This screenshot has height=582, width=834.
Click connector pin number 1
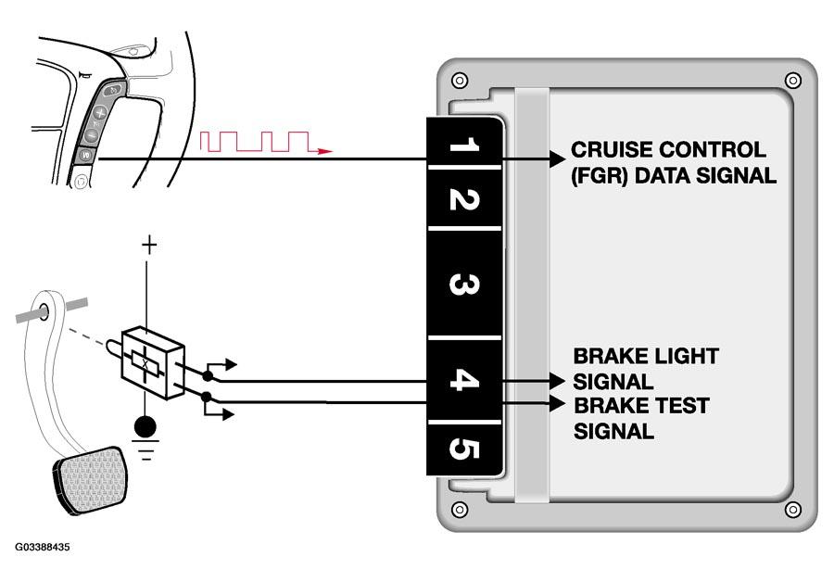click(x=464, y=144)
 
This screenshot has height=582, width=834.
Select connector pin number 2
click(x=464, y=199)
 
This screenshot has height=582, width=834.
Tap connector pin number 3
click(x=464, y=284)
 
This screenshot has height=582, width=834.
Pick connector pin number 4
click(x=464, y=380)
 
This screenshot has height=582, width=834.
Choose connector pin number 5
click(x=464, y=449)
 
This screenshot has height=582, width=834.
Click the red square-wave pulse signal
click(x=266, y=142)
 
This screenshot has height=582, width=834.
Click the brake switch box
click(x=153, y=363)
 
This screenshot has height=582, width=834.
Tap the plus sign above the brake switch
click(x=149, y=246)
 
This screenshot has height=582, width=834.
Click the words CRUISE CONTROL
click(x=668, y=149)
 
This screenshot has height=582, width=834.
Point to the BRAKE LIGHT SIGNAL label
click(x=646, y=368)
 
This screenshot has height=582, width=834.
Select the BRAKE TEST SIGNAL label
click(x=641, y=418)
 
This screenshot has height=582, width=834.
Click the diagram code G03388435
click(x=42, y=547)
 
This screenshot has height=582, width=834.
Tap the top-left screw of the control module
click(x=460, y=81)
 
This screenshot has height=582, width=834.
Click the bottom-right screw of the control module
click(x=792, y=509)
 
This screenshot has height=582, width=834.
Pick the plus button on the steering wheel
click(x=100, y=113)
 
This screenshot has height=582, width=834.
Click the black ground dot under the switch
click(x=145, y=426)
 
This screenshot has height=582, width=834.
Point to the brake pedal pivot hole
click(x=44, y=310)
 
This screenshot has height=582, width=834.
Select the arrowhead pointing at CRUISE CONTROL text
click(x=557, y=158)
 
